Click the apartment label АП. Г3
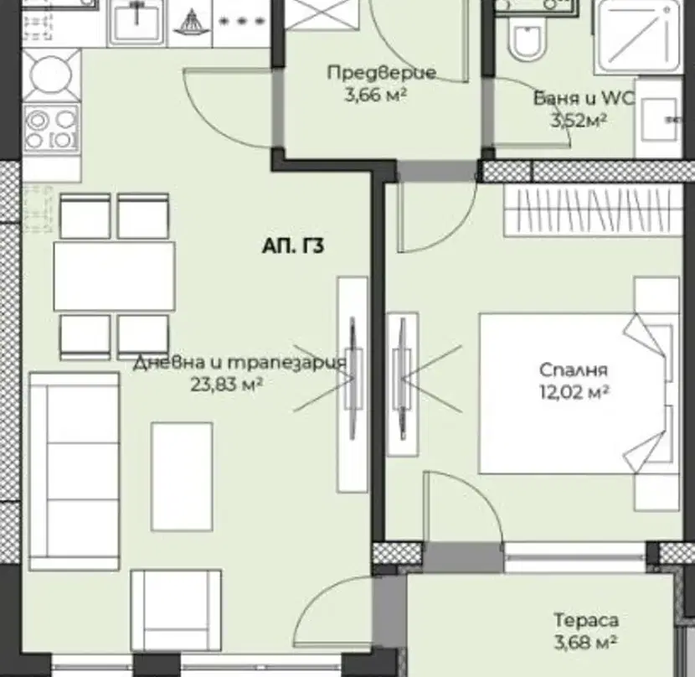293,246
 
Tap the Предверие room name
382,72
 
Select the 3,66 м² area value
376,95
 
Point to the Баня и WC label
584,98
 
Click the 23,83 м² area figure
226,385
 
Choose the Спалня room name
573,370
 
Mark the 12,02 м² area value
574,392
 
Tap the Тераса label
586,620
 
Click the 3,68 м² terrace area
586,642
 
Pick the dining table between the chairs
115,276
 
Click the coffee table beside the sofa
182,477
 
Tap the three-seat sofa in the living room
74,471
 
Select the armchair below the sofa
176,611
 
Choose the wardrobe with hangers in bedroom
593,210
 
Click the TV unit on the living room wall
353,385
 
